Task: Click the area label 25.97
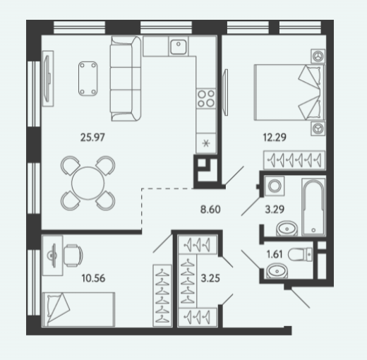tap(92, 138)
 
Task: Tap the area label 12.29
tap(275, 138)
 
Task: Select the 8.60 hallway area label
tap(210, 210)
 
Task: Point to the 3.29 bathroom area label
tap(275, 210)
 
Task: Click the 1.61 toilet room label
tap(275, 254)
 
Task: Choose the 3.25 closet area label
tap(210, 278)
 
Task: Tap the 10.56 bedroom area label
tap(93, 278)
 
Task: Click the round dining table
tap(88, 184)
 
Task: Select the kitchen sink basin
tap(179, 47)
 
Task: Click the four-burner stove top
tap(206, 98)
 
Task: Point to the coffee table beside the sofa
tap(88, 78)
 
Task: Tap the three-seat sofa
tap(126, 78)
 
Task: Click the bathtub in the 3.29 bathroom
tap(313, 207)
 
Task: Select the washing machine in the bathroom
tap(274, 186)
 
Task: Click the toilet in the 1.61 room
tap(301, 254)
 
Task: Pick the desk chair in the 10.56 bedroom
tap(73, 256)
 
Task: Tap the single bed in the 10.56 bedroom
tap(78, 310)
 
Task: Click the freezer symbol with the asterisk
tap(206, 143)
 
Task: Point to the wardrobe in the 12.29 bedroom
tap(294, 160)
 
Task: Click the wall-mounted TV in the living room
tap(48, 78)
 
